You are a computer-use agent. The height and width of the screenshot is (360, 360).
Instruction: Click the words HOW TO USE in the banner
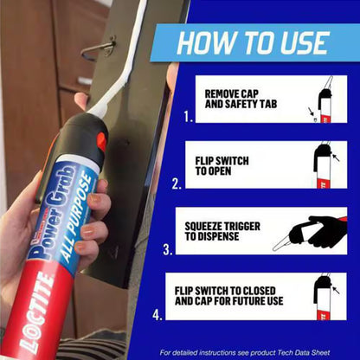[253, 43]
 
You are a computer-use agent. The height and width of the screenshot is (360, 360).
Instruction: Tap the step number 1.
[189, 117]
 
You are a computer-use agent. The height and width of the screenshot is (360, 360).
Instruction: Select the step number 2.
[177, 183]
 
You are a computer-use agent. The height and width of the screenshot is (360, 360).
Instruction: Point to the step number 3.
[168, 249]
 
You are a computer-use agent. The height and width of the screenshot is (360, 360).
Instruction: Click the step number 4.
[157, 315]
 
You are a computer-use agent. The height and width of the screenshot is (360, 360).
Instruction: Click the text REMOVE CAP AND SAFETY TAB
[241, 99]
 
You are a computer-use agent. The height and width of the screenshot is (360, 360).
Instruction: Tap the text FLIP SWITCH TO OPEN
[222, 166]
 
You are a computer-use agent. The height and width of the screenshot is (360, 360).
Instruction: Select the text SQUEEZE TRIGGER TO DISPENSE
[222, 231]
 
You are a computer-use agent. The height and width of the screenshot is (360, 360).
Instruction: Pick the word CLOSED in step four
[254, 291]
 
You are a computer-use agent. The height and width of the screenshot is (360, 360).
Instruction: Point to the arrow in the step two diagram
[336, 157]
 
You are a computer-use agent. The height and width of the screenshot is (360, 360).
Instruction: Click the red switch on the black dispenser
[101, 142]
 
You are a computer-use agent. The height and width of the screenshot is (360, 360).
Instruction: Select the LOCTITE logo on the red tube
[36, 313]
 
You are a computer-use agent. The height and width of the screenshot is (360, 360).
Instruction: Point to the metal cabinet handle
[99, 48]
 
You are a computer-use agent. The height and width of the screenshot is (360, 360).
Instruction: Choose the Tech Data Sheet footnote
[245, 352]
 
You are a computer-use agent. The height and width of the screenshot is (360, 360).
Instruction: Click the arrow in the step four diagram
[336, 290]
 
